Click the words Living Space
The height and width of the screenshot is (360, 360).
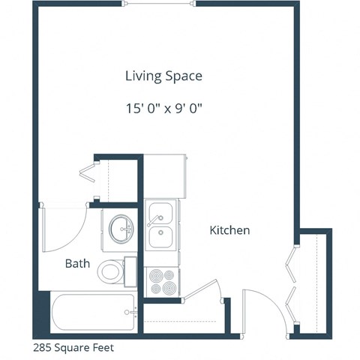pos(163,76)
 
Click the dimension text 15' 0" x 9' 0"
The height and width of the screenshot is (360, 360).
pos(163,108)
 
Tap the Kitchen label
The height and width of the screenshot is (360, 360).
pos(229,230)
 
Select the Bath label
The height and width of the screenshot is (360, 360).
pos(77,263)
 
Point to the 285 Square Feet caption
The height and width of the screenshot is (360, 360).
pos(73,348)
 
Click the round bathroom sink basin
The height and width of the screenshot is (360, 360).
pos(120,228)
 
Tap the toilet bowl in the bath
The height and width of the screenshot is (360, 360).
pos(111,271)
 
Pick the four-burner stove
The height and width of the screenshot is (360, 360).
pos(162,282)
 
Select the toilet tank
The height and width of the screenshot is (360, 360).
pos(130,269)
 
